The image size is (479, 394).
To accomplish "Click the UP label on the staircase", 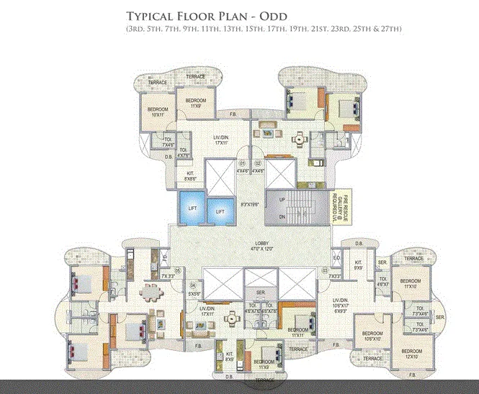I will pyautogui.click(x=281, y=198).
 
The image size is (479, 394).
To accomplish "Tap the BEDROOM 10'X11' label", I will pyautogui.click(x=158, y=111).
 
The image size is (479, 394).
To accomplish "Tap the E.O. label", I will pyautogui.click(x=336, y=257).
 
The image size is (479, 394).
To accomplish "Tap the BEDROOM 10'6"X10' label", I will pyautogui.click(x=372, y=336).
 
